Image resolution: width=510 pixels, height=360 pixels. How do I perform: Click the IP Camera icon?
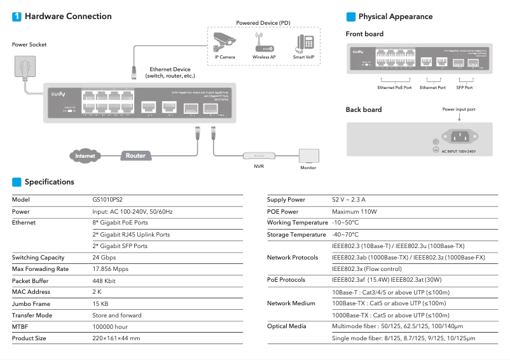[x=224, y=42]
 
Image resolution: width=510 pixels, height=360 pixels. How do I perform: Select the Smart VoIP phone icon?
[x=303, y=43]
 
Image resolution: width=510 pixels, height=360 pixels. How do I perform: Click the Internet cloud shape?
[x=85, y=155]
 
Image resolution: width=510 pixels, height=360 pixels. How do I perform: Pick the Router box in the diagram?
[x=135, y=155]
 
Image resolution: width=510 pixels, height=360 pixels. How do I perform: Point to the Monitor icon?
[x=308, y=156]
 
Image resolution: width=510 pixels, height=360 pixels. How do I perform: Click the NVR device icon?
[x=258, y=156]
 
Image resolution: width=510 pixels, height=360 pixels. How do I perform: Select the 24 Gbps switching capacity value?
[x=105, y=258]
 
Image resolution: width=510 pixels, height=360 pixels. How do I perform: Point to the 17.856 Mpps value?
[x=111, y=269]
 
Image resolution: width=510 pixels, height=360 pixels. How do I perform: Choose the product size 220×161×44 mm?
[x=116, y=338]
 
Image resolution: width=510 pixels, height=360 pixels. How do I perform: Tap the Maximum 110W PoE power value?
[x=354, y=211]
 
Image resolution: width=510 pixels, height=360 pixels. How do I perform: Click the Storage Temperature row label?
[x=296, y=235]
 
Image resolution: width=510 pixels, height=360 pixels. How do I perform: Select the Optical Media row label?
[x=287, y=326]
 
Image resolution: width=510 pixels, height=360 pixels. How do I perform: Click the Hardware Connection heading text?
[x=68, y=17]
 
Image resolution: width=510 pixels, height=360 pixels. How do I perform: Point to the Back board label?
[x=364, y=109]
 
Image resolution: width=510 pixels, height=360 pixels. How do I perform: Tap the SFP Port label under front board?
[x=465, y=87]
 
